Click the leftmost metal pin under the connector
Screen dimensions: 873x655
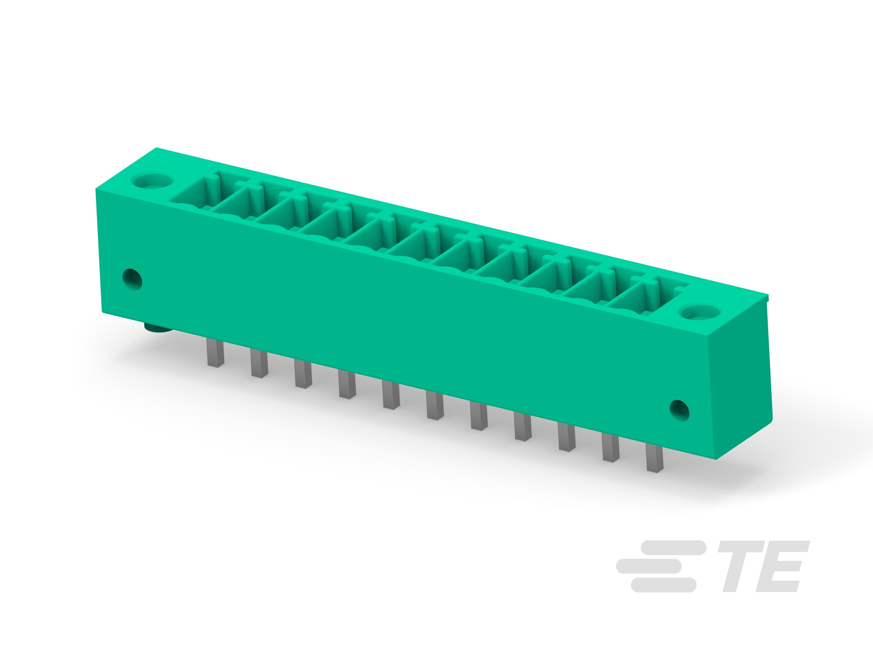click(x=216, y=354)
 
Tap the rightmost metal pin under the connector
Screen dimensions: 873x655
click(x=654, y=457)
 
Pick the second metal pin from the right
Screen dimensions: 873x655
click(x=611, y=447)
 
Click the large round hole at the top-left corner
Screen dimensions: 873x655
click(x=152, y=181)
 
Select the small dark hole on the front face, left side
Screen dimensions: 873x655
click(x=132, y=280)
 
